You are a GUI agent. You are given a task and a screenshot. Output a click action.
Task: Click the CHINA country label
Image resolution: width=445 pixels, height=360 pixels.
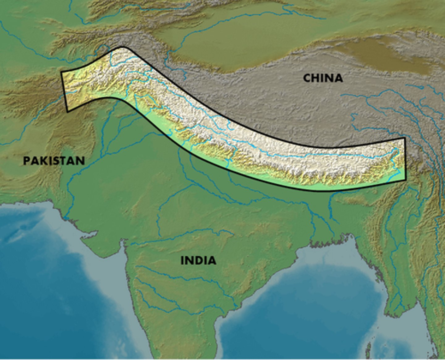[323, 78]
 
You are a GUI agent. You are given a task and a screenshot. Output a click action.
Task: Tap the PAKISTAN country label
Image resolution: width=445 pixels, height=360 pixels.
[54, 161]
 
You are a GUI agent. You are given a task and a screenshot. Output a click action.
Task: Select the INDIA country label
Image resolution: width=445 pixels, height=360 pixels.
[198, 260]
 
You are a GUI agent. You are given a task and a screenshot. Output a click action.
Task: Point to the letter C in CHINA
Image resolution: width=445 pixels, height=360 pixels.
[307, 78]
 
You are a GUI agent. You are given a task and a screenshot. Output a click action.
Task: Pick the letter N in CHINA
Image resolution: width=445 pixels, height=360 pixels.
[329, 78]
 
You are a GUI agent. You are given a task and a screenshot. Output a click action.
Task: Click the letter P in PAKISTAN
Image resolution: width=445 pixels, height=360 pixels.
[27, 161]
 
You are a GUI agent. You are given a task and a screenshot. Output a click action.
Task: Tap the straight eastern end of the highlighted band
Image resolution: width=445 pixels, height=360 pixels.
[405, 159]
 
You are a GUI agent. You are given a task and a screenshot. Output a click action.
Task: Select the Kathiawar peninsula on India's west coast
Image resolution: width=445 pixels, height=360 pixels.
[102, 244]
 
